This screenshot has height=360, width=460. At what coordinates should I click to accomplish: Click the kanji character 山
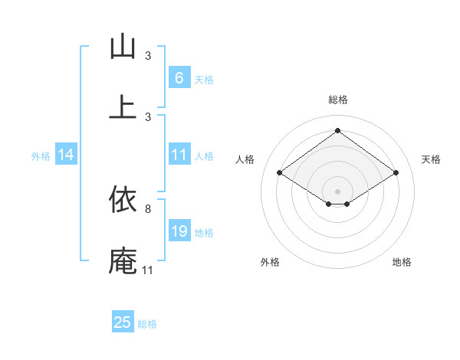[x=123, y=47]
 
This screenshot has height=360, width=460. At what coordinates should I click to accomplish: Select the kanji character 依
[x=123, y=200]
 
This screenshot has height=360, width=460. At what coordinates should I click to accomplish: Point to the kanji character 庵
[x=123, y=261]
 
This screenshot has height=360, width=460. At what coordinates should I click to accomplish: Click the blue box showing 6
[x=179, y=77]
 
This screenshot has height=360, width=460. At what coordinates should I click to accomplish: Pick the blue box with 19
[x=179, y=231]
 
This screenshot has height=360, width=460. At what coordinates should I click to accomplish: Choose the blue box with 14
[x=66, y=155]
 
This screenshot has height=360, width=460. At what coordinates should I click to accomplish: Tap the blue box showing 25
[x=123, y=322]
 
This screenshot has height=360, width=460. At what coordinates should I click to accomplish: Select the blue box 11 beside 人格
[x=179, y=155]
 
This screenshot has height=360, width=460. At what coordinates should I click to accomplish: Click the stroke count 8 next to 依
[x=148, y=208]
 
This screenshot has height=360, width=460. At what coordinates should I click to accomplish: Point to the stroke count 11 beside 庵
[x=148, y=270]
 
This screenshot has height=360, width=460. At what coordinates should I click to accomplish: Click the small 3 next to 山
[x=148, y=56]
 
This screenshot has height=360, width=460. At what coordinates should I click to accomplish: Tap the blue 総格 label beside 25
[x=147, y=324]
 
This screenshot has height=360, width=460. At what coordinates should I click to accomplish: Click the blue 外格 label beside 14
[x=41, y=156]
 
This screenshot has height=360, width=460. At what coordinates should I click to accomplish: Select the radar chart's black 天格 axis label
[x=432, y=159]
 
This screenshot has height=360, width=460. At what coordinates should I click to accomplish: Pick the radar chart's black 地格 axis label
[x=402, y=262]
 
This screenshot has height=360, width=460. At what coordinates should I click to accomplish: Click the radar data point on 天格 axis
[x=396, y=173]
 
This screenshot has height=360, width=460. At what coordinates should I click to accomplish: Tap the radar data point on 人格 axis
[x=280, y=173]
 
